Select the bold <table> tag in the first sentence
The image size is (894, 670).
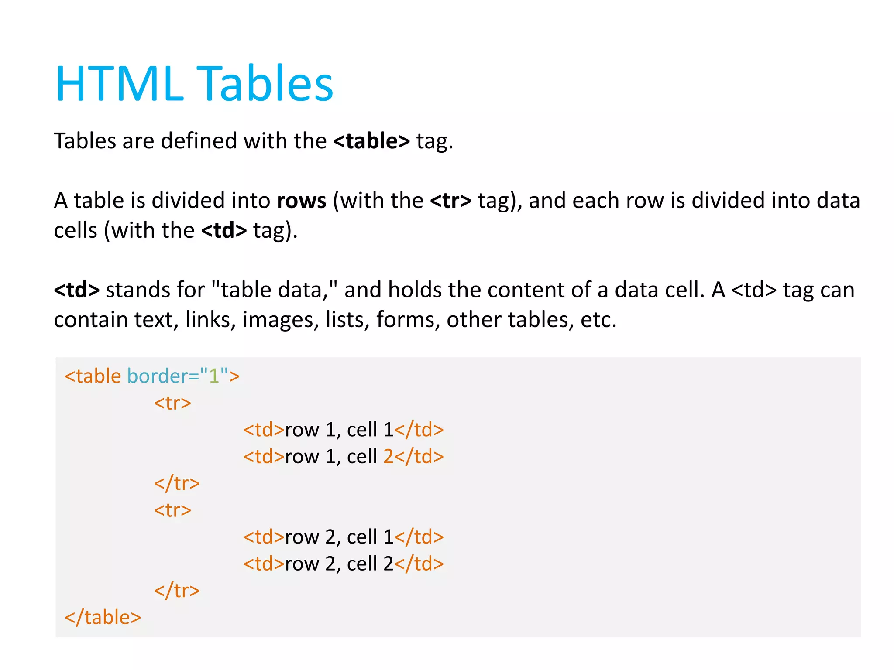pos(371,141)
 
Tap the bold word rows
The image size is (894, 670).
pos(302,201)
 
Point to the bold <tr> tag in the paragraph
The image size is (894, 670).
pos(450,201)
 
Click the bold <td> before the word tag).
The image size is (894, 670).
pos(224,230)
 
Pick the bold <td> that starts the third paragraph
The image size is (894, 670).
pos(77,290)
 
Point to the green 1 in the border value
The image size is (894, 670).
pos(214,376)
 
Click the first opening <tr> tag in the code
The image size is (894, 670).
pos(172,403)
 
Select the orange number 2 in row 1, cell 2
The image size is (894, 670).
pos(389,457)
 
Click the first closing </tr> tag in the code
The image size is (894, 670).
pos(177,483)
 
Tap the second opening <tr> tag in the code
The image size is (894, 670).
pos(172,510)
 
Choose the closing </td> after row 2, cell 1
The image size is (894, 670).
pos(419,537)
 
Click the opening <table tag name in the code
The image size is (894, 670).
pos(93,376)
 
